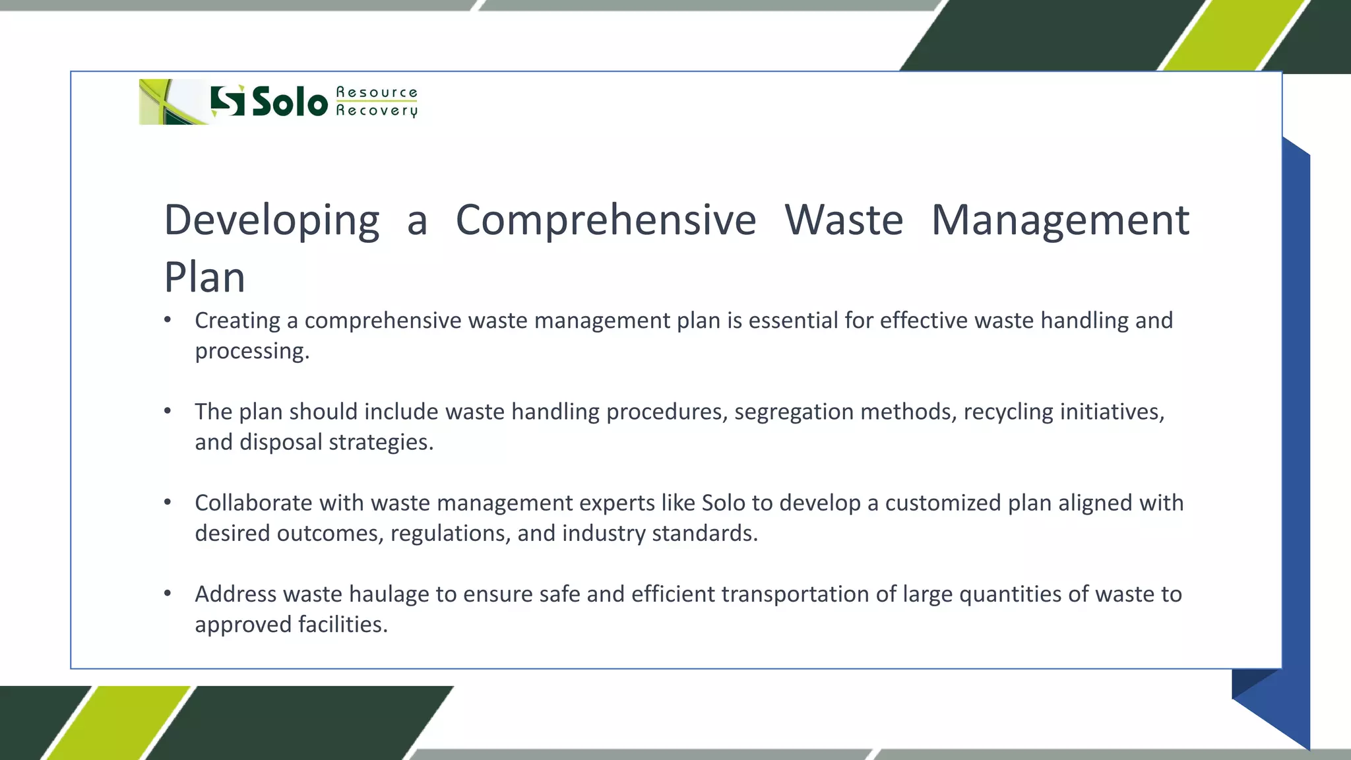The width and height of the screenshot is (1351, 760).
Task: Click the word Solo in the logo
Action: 290,102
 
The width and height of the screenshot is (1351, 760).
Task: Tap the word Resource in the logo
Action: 377,92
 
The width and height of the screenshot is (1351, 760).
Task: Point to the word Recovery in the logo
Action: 377,110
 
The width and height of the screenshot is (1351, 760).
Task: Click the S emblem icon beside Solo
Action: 228,101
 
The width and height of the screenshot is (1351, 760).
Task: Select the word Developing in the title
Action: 272,220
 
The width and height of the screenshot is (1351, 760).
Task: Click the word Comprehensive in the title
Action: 606,220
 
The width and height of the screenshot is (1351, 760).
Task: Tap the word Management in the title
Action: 1060,220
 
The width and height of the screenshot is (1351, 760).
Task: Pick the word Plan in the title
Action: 204,277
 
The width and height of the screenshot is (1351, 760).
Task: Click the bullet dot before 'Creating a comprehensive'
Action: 168,321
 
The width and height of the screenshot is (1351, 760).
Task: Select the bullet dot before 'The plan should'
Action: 168,412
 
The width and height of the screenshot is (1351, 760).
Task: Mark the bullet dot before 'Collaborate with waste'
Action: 168,503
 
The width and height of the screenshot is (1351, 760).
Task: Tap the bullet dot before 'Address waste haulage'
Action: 168,594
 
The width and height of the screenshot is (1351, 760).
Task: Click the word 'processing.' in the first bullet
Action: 252,351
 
